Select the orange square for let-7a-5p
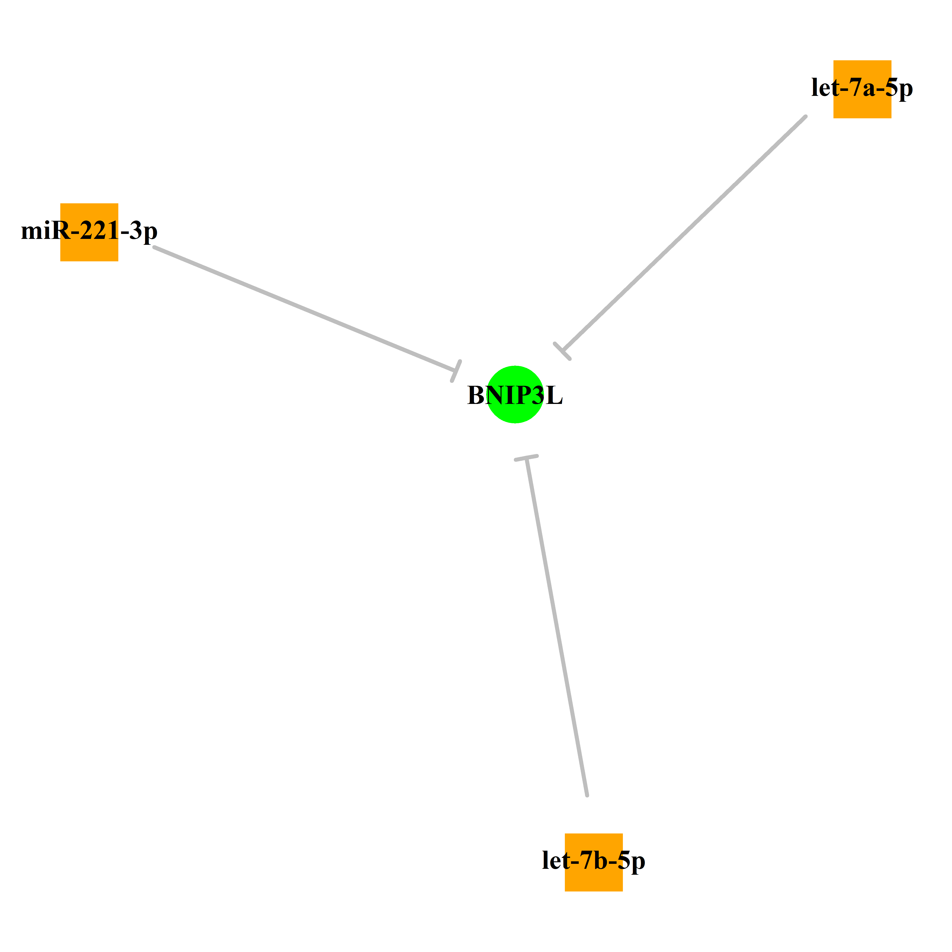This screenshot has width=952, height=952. (x=862, y=89)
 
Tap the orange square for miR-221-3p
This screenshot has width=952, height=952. (x=89, y=232)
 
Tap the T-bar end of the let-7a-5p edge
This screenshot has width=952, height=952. (x=562, y=351)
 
